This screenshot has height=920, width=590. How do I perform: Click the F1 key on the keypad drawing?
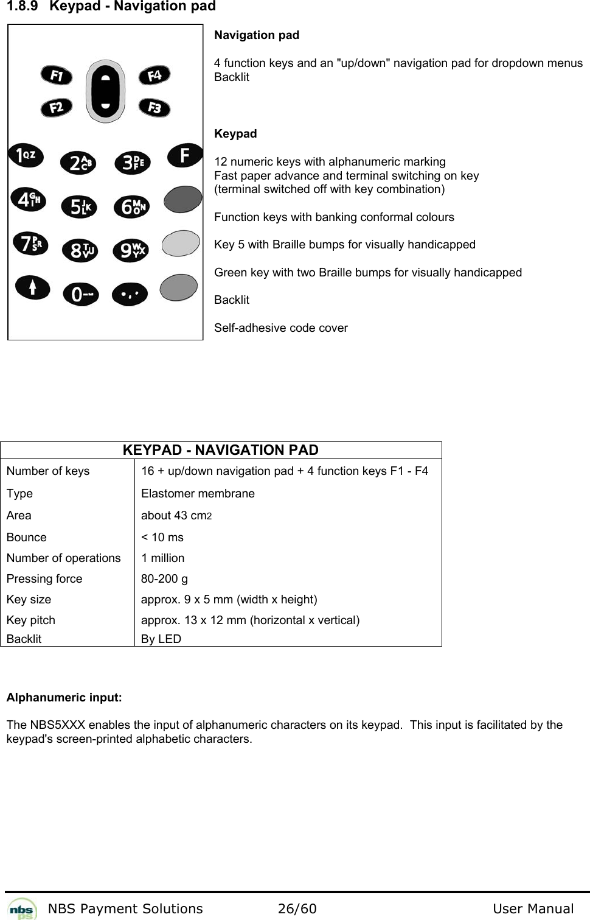[x=57, y=75]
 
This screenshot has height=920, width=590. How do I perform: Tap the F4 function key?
[x=154, y=75]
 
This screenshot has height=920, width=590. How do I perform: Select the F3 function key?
[x=154, y=108]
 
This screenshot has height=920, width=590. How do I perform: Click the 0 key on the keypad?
[x=80, y=295]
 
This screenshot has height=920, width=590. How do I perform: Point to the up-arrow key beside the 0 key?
[x=33, y=286]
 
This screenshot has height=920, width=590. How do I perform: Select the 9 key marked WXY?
[x=130, y=250]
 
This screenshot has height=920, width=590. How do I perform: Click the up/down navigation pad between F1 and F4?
[x=106, y=91]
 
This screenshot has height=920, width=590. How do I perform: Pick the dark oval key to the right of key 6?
[x=183, y=198]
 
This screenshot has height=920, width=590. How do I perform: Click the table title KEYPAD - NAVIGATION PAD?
[x=220, y=450]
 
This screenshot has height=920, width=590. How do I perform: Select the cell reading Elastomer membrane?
[x=198, y=493]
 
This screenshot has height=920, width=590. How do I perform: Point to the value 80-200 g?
[x=164, y=578]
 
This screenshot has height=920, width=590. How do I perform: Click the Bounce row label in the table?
[x=26, y=537]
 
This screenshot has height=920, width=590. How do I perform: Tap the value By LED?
[x=161, y=639]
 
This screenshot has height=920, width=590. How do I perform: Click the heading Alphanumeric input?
[x=64, y=697]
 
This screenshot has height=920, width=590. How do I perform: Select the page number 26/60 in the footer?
[x=297, y=909]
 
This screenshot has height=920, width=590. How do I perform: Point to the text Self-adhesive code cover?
[x=280, y=328]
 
